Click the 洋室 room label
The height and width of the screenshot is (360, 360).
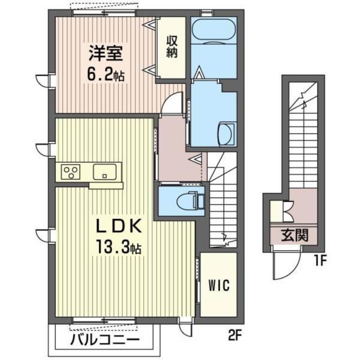click(x=106, y=53)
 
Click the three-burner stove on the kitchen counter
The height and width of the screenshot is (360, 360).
click(x=70, y=172)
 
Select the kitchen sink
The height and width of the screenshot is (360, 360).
click(x=104, y=172)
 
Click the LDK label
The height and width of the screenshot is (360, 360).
click(x=118, y=226)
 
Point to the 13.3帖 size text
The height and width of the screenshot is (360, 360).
click(x=119, y=247)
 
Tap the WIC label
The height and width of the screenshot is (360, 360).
click(x=219, y=286)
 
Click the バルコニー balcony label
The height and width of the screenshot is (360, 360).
click(x=104, y=340)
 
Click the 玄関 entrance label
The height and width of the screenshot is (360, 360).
click(x=295, y=235)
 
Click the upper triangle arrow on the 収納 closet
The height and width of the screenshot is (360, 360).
click(x=150, y=24)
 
